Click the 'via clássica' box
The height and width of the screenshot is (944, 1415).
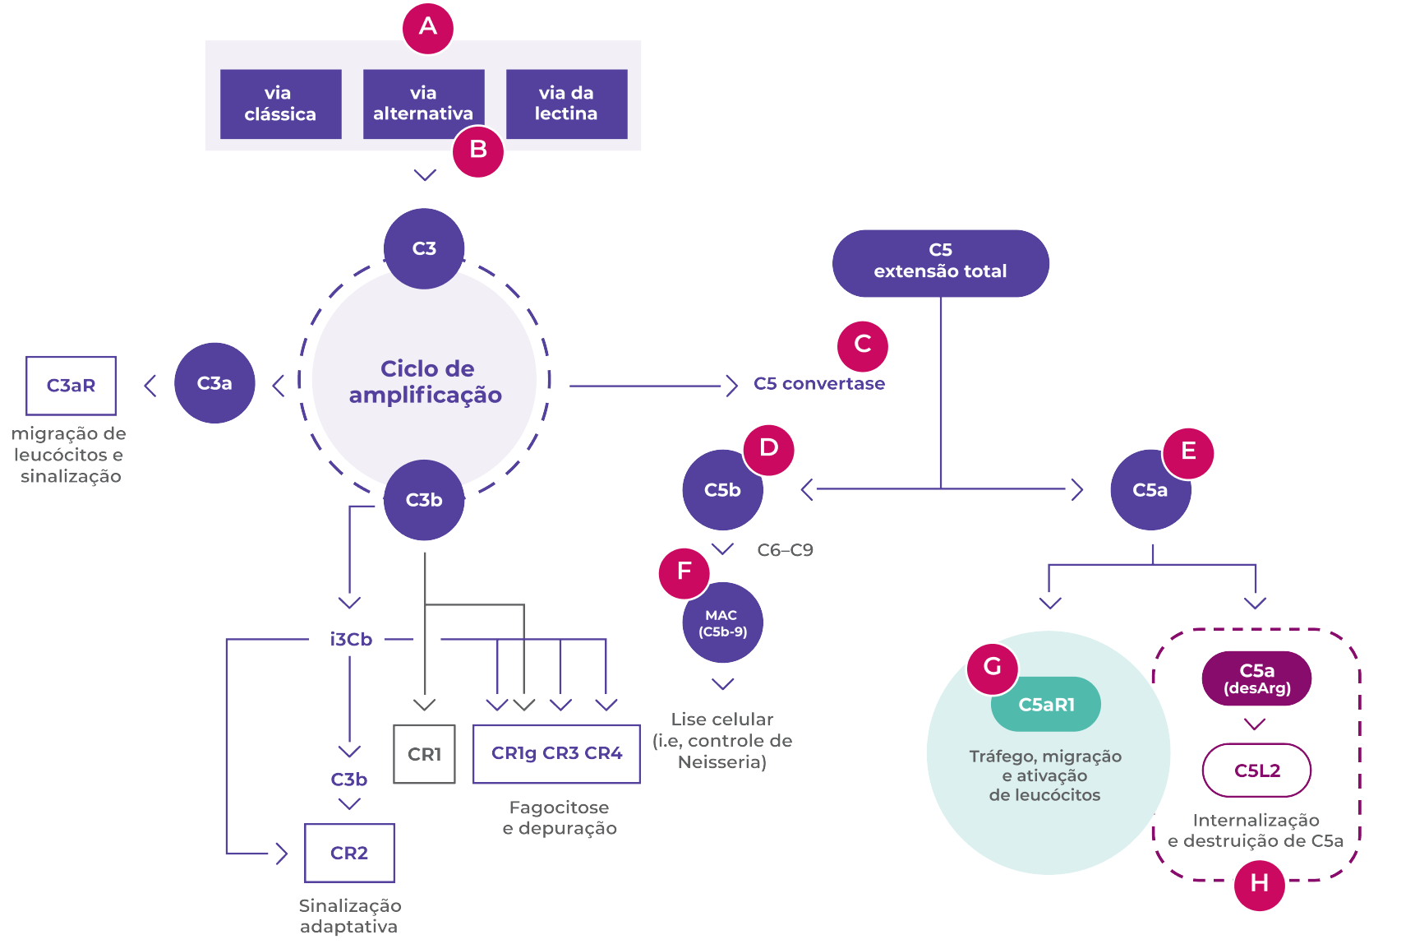(280, 104)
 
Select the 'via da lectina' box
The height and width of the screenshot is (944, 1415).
(566, 104)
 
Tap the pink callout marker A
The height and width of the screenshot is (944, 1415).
(428, 28)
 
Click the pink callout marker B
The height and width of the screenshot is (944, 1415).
(478, 151)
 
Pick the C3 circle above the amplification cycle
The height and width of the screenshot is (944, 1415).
(424, 248)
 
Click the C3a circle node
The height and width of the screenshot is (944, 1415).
(214, 383)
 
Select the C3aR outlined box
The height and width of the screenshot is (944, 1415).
(71, 386)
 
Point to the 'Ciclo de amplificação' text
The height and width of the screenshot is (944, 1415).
(426, 382)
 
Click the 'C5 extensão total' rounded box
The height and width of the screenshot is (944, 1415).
(940, 262)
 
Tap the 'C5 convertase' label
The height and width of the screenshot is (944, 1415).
(818, 384)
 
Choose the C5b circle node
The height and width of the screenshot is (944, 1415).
(722, 491)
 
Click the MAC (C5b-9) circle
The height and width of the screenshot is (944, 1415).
(722, 623)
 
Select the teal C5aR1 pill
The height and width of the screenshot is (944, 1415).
(1046, 705)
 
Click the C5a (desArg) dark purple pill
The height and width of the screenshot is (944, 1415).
(1256, 679)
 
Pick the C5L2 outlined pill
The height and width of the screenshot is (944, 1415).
(1256, 770)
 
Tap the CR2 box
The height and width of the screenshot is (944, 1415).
(349, 853)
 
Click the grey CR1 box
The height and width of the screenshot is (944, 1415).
(424, 754)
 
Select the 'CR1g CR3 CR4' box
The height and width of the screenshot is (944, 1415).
(556, 753)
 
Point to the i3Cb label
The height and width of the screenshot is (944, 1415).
(351, 640)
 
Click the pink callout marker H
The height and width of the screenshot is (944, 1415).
(1259, 885)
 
